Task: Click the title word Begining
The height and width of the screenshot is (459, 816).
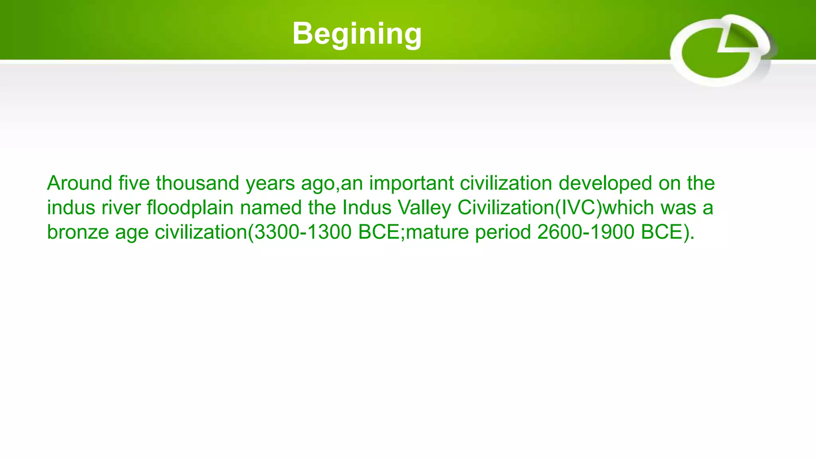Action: point(357,34)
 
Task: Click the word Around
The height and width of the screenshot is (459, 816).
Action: point(80,183)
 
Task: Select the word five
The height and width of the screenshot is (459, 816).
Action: point(134,183)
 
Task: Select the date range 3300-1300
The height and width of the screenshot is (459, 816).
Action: point(303,232)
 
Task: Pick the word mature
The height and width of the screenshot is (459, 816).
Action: point(437,232)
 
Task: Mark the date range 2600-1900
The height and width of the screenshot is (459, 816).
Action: point(585,232)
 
